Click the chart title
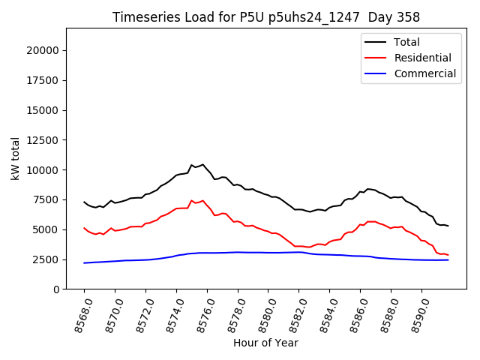pyautogui.click(x=266, y=17)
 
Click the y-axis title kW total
pyautogui.click(x=16, y=158)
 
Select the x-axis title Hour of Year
pyautogui.click(x=265, y=343)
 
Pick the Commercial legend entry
pyautogui.click(x=424, y=73)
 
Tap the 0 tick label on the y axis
pyautogui.click(x=55, y=289)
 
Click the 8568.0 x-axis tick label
pyautogui.click(x=79, y=314)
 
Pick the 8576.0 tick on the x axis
pyautogui.click(x=202, y=314)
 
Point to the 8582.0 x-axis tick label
pyautogui.click(x=295, y=314)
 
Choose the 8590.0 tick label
pyautogui.click(x=417, y=314)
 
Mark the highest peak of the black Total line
pyautogui.click(x=202, y=164)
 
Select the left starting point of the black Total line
pyautogui.click(x=84, y=202)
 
